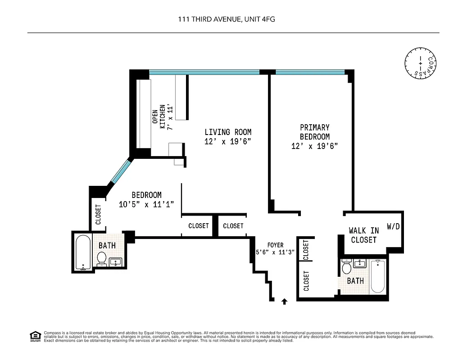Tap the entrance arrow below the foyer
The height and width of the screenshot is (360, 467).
tap(284, 301)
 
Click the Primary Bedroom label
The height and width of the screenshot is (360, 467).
tap(314, 132)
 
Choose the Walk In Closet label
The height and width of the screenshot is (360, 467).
tap(363, 235)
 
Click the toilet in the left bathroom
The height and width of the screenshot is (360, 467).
tap(102, 259)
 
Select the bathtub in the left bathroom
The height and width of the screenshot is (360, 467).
tap(82, 252)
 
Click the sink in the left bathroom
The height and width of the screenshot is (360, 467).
tap(116, 262)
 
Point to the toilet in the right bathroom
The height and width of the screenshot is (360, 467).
tap(346, 267)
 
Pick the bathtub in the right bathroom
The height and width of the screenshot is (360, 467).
tap(377, 276)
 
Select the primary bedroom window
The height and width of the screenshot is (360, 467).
tap(310, 72)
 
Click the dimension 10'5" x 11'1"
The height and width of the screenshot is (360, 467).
tap(146, 204)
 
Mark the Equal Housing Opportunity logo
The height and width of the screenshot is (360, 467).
tap(35, 336)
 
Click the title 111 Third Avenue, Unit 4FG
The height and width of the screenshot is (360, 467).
tap(233, 19)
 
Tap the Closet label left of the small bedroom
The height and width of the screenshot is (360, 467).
tap(98, 215)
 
